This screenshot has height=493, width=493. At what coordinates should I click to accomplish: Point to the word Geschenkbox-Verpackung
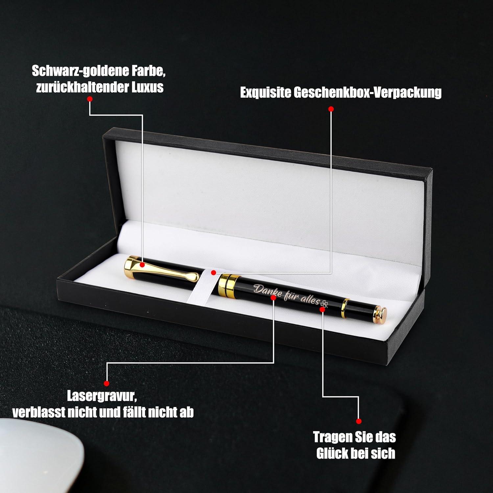[367, 93]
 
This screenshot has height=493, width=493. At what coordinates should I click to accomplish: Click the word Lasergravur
[102, 396]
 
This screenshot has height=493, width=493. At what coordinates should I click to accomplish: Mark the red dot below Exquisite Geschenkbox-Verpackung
[331, 109]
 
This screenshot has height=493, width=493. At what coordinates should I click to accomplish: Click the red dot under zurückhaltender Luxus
[90, 99]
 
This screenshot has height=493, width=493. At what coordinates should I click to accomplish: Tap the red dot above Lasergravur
[106, 383]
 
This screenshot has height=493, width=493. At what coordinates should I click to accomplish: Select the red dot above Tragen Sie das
[359, 421]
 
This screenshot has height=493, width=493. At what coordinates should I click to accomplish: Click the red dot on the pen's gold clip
[142, 264]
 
